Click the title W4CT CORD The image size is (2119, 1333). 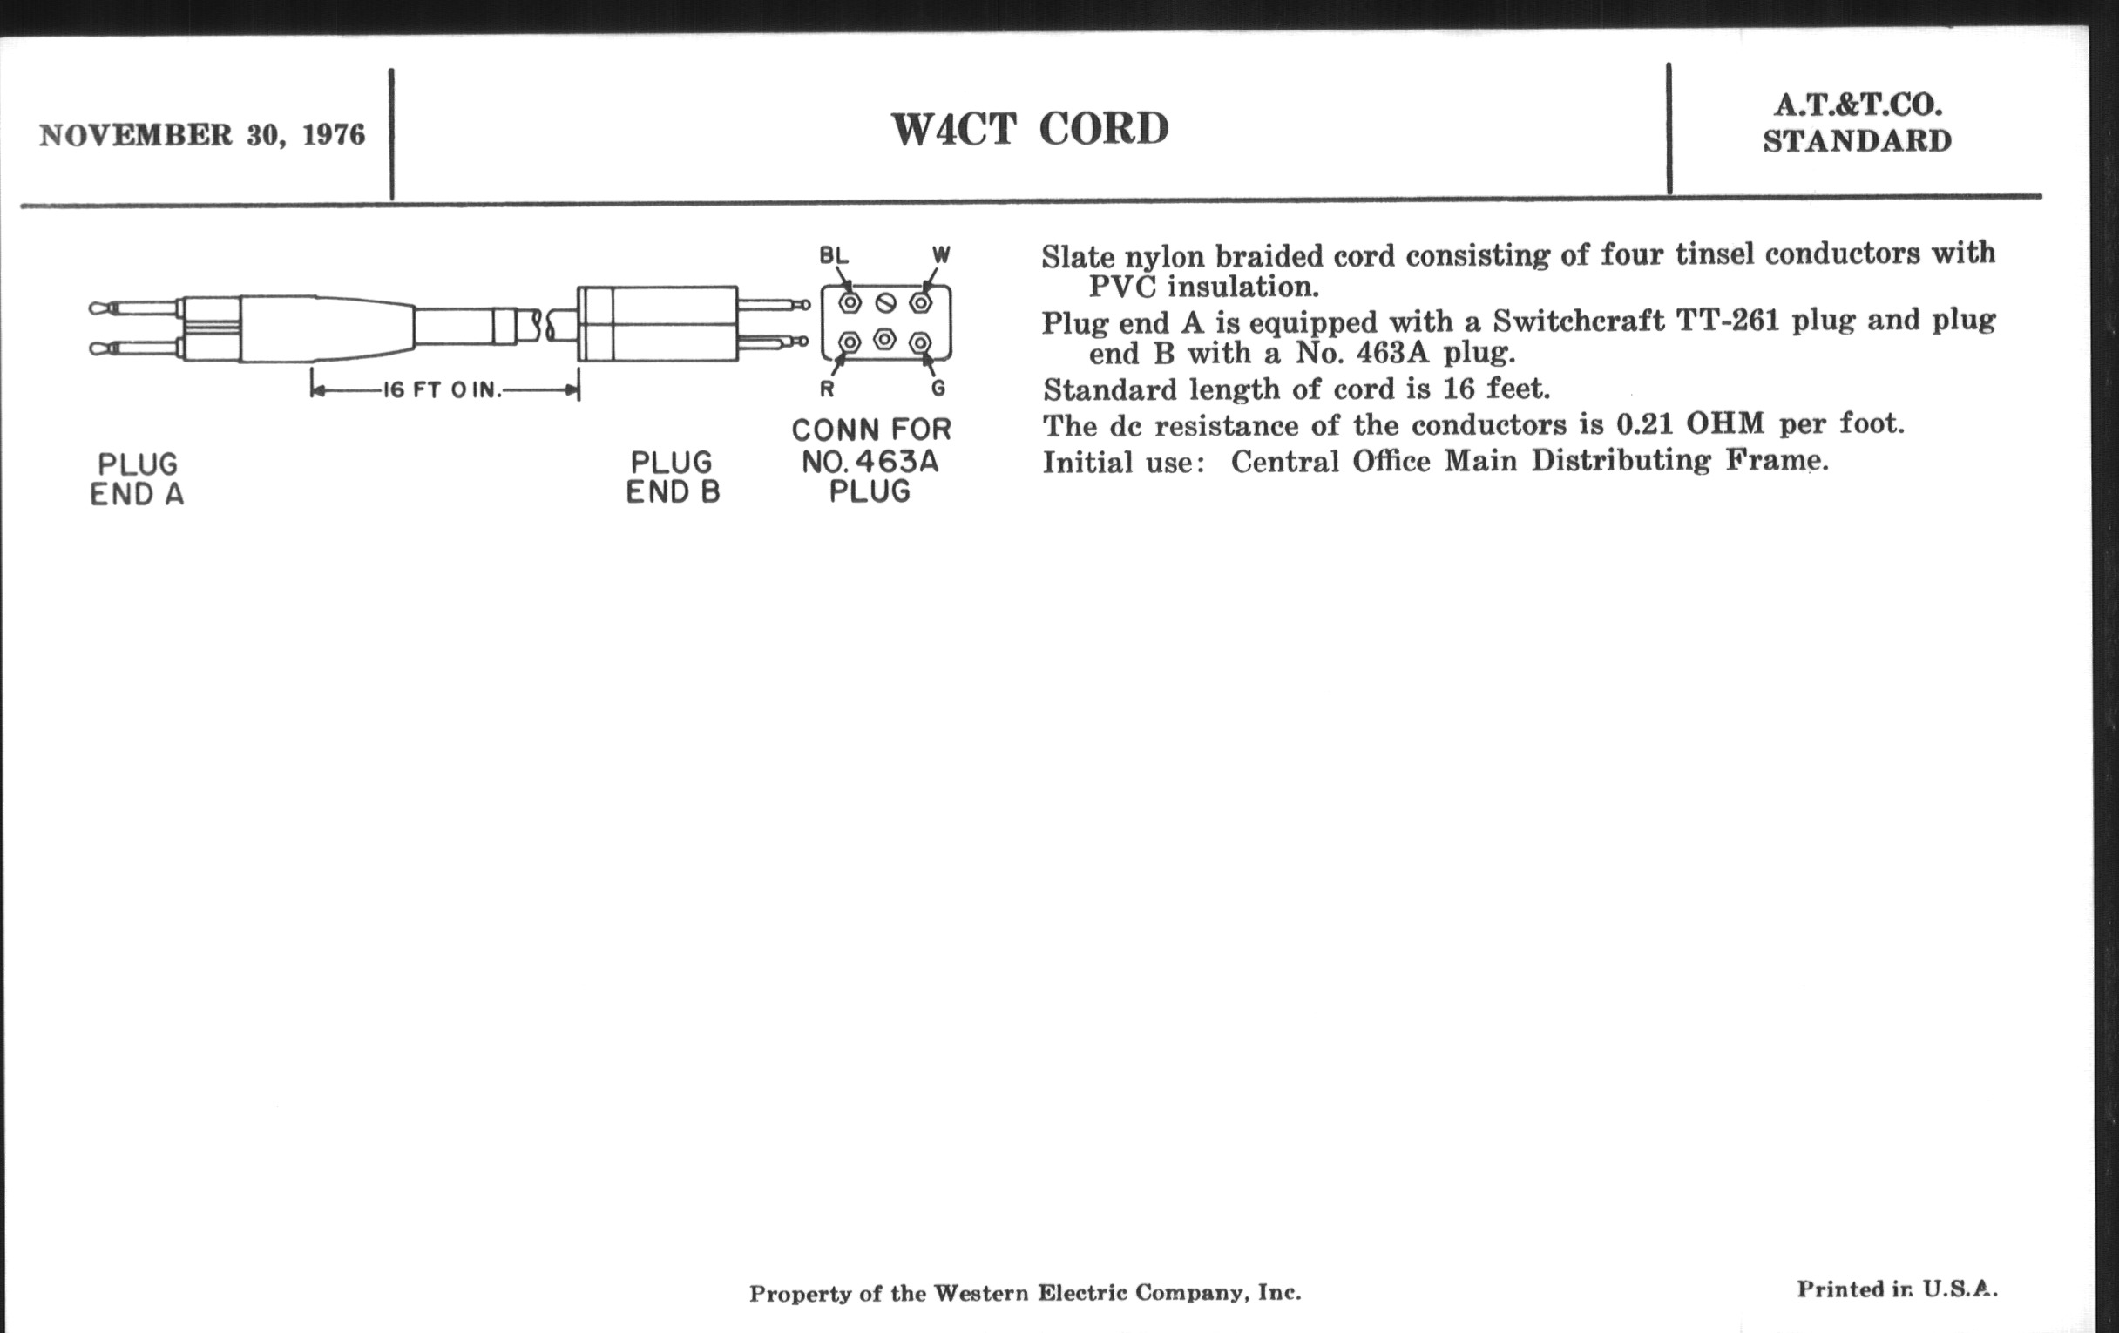click(x=1030, y=129)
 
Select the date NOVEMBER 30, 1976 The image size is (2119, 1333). click(x=201, y=136)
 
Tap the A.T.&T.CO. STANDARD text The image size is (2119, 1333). click(x=1857, y=123)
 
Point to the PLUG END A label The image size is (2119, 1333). click(x=138, y=479)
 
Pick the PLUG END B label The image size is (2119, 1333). click(x=674, y=477)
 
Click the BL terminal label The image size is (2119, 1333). click(x=833, y=256)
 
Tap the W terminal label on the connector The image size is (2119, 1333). click(x=941, y=256)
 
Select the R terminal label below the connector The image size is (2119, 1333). click(x=827, y=389)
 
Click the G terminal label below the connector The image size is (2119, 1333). click(x=939, y=389)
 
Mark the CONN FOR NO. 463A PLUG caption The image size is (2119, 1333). click(x=870, y=460)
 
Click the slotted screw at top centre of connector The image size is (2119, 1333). click(x=885, y=303)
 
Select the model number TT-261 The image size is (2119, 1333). click(x=1730, y=321)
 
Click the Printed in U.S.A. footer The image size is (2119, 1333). click(x=1896, y=1290)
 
